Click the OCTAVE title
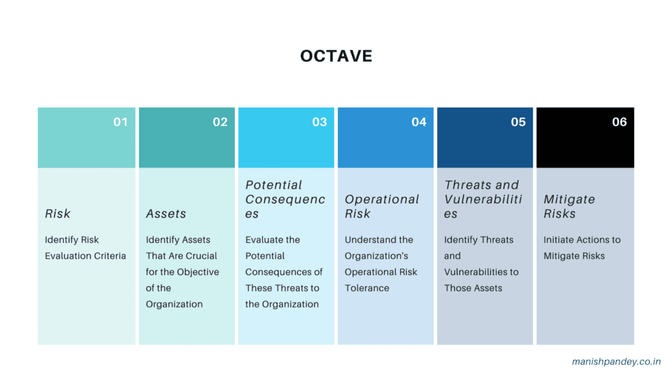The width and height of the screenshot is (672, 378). (336, 56)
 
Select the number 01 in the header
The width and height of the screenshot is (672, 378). (121, 122)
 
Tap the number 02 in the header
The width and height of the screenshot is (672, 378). (220, 122)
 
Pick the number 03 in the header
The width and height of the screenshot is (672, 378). (320, 122)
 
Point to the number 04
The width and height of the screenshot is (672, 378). (419, 122)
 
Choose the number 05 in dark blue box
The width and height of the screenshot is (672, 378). (518, 122)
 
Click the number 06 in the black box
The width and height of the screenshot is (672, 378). (619, 122)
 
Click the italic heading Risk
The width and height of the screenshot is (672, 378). (58, 214)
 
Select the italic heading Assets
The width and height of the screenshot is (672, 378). (166, 214)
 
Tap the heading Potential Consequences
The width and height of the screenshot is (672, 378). (285, 199)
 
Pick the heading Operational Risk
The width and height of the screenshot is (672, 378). (381, 207)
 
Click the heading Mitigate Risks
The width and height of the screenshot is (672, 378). (569, 207)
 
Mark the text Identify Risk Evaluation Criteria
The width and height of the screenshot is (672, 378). (85, 248)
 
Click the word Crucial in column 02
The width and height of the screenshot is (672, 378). (200, 256)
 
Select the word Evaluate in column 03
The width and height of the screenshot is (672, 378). (264, 240)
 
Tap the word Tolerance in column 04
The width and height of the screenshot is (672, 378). (367, 288)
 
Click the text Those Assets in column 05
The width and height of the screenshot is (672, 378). (473, 288)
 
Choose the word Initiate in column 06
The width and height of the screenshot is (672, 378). (560, 240)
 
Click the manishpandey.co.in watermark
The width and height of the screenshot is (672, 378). (616, 362)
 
